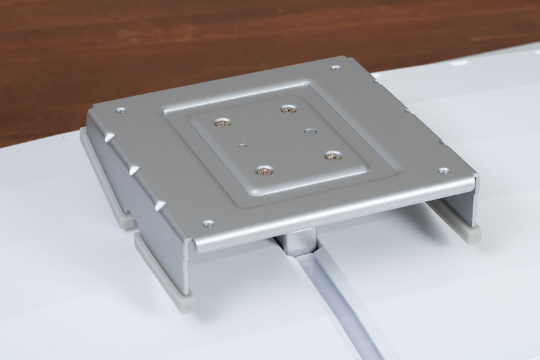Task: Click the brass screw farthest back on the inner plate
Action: click(289, 108)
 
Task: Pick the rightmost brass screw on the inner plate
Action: click(331, 156)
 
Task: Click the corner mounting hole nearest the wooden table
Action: click(335, 67)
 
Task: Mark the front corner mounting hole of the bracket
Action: click(207, 222)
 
